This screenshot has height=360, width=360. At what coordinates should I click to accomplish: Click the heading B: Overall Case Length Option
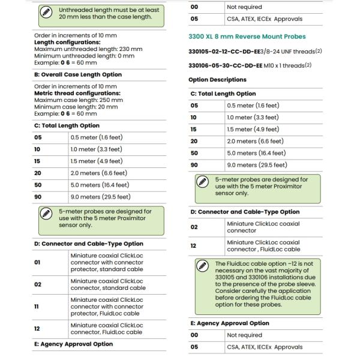[77, 75]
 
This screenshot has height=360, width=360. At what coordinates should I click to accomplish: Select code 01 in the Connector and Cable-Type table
[37, 262]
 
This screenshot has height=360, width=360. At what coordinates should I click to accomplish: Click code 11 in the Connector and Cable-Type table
[37, 307]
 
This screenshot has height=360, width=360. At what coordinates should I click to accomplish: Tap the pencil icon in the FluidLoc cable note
[202, 266]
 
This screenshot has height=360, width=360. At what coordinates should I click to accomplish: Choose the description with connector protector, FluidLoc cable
[106, 307]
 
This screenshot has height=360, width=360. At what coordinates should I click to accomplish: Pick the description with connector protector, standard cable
[106, 262]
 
